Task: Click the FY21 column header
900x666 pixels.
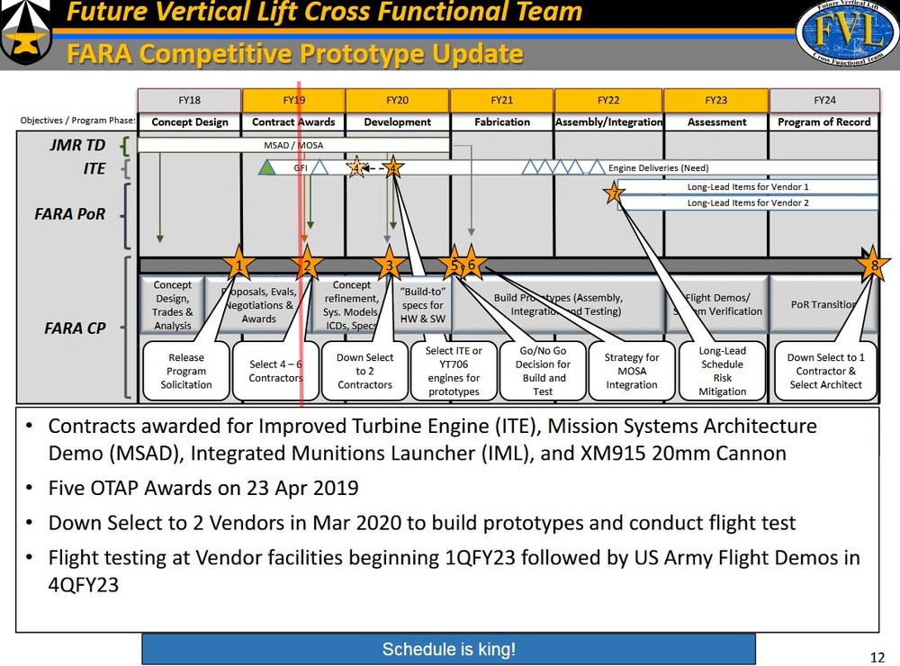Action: [501, 100]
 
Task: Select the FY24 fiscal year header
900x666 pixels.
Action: [823, 100]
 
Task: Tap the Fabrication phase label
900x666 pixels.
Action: [501, 121]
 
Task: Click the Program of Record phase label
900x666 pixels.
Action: [823, 121]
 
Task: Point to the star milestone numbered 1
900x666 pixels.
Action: [238, 265]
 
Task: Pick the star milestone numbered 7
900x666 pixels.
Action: [614, 193]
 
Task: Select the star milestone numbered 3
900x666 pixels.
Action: [390, 265]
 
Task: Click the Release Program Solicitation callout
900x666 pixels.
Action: [186, 371]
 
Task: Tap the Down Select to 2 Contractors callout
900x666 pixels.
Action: [365, 371]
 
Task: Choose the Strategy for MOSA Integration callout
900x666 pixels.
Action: [632, 371]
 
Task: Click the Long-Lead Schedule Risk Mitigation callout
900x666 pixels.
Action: [723, 371]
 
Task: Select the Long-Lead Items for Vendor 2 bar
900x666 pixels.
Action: [747, 203]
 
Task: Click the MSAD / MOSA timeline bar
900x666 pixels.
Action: [293, 145]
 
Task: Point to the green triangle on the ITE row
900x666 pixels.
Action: [266, 167]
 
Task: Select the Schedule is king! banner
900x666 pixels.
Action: [448, 649]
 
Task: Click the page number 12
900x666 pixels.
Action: [877, 656]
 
